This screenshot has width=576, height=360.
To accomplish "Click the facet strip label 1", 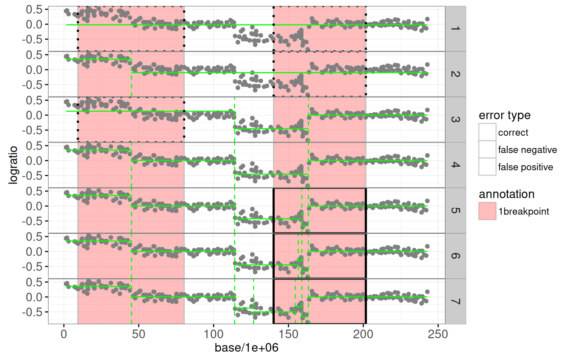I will [x=455, y=28].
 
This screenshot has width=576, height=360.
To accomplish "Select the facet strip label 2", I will [x=455, y=74].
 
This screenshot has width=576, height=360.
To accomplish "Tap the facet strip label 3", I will [x=455, y=119].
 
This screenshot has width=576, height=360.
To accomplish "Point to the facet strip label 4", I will [x=455, y=165].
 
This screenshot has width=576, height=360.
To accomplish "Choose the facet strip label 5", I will [x=455, y=210].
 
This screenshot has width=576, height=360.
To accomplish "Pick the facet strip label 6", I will [x=455, y=256].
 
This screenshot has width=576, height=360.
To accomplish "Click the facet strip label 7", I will [x=455, y=301].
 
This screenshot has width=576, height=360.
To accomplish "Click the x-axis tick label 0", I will [x=64, y=334].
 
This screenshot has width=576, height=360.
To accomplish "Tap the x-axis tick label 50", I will [x=139, y=334].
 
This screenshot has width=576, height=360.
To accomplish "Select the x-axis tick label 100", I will [x=213, y=334].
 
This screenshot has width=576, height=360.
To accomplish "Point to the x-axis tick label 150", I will [x=288, y=334].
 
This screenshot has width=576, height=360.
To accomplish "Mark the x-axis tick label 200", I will [x=363, y=334].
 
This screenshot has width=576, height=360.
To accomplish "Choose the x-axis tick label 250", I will [x=438, y=334].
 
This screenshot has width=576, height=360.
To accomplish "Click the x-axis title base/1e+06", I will [x=247, y=348].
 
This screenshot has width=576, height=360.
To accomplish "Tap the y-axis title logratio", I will [x=13, y=165].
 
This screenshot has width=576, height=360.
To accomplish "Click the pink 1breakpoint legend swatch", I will [x=487, y=211].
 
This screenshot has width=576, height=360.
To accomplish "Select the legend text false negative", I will [x=527, y=150].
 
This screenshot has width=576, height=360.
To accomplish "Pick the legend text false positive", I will [x=526, y=167].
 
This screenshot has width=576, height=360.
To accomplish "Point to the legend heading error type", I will [x=504, y=115].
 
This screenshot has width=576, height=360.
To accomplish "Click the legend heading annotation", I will [x=507, y=194].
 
